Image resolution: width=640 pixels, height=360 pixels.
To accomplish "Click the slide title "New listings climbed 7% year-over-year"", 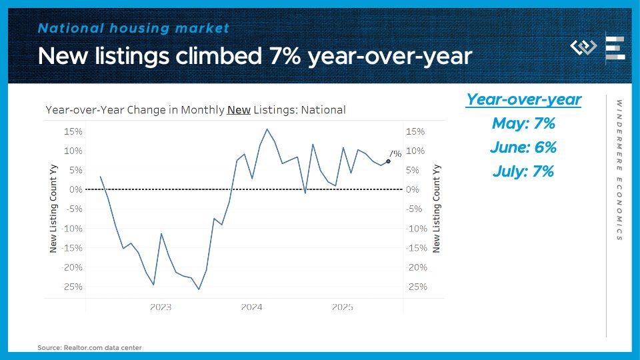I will [x=255, y=56].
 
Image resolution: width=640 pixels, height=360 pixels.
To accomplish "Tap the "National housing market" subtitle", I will [x=133, y=28].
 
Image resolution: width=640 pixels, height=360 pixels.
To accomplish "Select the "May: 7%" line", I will [x=523, y=123].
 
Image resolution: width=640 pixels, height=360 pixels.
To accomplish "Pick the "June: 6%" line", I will [x=523, y=147].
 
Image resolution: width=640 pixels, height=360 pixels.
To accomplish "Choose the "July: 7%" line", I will [x=523, y=171].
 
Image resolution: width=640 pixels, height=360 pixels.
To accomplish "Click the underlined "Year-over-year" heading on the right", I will [x=523, y=99].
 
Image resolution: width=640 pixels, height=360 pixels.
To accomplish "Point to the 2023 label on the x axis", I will [x=160, y=307].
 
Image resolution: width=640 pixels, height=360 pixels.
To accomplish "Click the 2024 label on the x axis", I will [x=251, y=307].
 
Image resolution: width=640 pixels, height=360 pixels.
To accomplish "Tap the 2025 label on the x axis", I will [x=342, y=307].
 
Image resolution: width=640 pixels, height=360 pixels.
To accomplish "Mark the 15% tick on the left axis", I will [x=73, y=131].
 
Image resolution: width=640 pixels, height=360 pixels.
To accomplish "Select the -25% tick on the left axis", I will [x=72, y=287].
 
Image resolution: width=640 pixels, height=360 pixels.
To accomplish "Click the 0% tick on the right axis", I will [x=413, y=190].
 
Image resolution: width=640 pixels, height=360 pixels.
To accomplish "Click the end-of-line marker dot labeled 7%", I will [x=388, y=161].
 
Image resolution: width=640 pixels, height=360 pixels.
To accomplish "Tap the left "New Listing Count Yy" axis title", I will [x=54, y=209].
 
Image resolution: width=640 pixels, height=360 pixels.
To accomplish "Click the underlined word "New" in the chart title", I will [x=239, y=110].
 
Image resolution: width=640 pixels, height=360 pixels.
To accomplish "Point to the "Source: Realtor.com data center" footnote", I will [x=89, y=347].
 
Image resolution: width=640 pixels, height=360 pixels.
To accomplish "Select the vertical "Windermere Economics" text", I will [x=619, y=170].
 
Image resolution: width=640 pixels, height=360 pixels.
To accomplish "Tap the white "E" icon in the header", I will [x=615, y=49].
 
